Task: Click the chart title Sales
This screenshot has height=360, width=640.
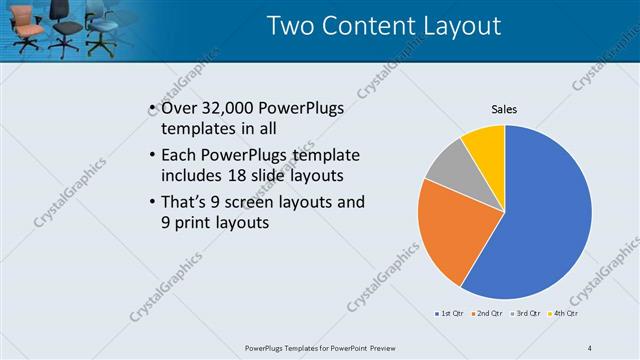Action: click(504, 109)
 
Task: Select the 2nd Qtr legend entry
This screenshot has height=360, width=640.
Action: click(488, 314)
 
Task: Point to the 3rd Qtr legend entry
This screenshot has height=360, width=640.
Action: click(527, 314)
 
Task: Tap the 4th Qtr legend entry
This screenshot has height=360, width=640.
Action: click(565, 314)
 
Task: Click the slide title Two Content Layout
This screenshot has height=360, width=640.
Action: click(384, 25)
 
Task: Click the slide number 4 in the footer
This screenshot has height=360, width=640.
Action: click(589, 347)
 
